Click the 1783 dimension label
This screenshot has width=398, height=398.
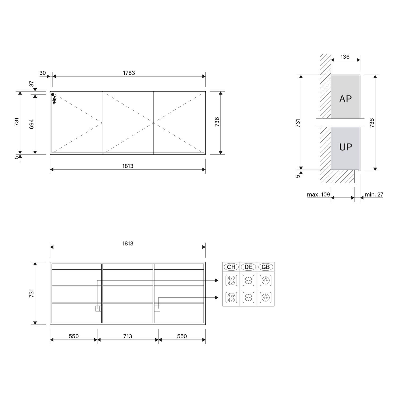(x=129, y=73)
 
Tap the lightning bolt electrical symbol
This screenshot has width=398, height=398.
(x=55, y=100)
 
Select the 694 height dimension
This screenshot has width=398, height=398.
(x=32, y=124)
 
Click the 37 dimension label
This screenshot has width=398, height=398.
(x=32, y=84)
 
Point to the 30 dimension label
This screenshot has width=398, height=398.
(x=42, y=73)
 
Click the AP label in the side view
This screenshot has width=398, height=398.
(x=345, y=99)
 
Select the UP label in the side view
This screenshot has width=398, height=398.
(x=345, y=147)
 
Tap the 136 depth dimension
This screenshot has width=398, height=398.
(x=345, y=57)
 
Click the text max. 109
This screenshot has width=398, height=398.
(x=318, y=194)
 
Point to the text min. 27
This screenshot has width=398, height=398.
(x=374, y=194)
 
